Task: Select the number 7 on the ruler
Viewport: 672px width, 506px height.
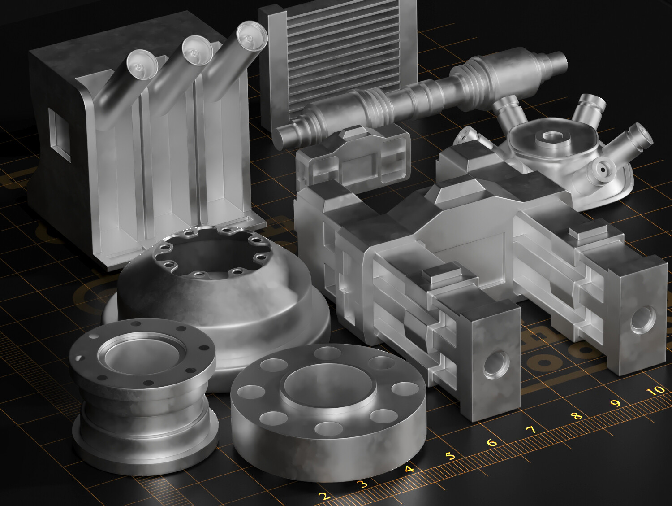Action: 531,430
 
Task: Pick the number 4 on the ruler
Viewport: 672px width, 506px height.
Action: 409,470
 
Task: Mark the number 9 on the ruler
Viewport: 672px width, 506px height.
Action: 616,403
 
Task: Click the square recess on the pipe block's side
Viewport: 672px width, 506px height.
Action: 59,132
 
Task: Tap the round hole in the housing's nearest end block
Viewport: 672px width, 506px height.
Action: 496,363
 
